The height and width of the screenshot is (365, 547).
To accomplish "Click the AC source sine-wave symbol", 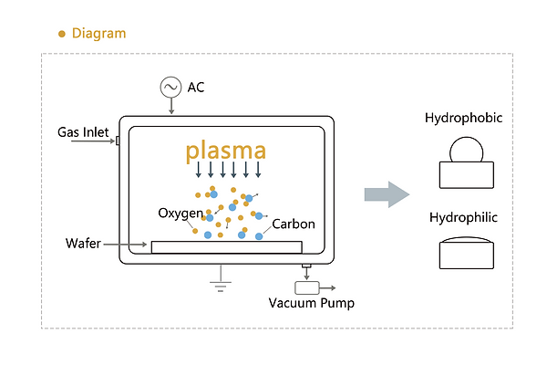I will [x=170, y=87].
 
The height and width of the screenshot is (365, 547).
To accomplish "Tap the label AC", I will [x=196, y=87].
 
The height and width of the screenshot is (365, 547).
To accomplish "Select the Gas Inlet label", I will [x=83, y=132].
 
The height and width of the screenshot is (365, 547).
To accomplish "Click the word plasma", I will [x=227, y=151].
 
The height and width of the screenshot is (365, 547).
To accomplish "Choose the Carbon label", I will [x=294, y=223].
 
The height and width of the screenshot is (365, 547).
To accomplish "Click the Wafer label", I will [x=83, y=244].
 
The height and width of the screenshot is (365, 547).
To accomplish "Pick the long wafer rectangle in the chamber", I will [x=226, y=246].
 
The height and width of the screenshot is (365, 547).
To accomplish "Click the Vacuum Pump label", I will [x=311, y=303].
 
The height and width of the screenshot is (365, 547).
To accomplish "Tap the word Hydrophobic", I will [x=464, y=119].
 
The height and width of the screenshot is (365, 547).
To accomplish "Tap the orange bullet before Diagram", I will [x=62, y=34].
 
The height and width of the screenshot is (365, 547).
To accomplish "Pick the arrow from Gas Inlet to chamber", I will [x=100, y=141].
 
